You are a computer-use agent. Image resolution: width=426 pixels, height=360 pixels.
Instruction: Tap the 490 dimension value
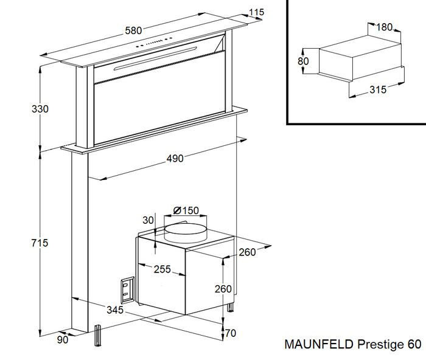[175, 159]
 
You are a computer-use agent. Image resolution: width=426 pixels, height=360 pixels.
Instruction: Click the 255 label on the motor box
[162, 269]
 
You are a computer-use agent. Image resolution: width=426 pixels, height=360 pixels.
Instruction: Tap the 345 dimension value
[114, 310]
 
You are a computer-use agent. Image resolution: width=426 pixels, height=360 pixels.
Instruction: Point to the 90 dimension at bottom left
[63, 340]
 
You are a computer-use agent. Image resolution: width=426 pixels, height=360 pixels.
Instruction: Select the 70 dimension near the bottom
[230, 333]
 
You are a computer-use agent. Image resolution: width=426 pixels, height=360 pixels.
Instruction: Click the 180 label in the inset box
[384, 27]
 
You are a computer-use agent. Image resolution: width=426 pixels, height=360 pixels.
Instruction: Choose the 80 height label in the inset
[303, 61]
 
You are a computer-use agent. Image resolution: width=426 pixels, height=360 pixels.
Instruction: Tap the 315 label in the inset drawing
[378, 90]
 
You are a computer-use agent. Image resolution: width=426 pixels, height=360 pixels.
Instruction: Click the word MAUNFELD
[318, 345]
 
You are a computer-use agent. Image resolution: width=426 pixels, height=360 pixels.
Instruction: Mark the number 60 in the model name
[414, 345]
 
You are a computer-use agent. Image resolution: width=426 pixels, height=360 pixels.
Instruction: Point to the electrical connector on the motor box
[127, 289]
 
